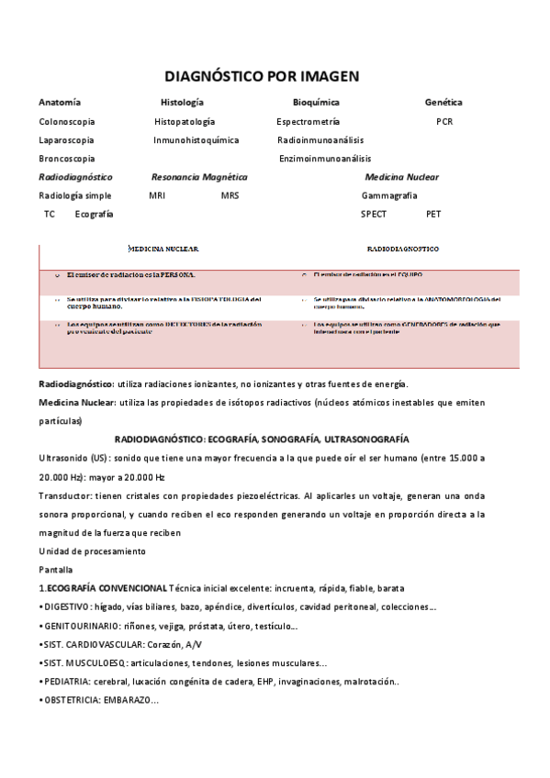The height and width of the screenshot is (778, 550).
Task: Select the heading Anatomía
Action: (x=60, y=103)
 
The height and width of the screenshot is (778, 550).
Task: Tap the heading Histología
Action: (x=182, y=103)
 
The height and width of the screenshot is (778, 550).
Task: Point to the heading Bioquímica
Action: (x=316, y=103)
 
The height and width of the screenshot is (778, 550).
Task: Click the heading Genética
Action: (x=443, y=103)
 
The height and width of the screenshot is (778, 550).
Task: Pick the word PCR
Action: (x=444, y=121)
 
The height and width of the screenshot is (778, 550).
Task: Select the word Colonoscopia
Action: (x=66, y=121)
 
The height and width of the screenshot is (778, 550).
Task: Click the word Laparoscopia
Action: (x=66, y=140)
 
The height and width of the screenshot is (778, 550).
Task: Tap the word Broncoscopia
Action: (x=66, y=159)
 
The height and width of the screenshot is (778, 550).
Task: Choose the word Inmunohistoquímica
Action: (x=196, y=140)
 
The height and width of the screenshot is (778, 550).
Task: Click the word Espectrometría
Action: (x=308, y=121)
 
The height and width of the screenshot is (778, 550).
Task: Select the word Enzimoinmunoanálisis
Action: (x=325, y=159)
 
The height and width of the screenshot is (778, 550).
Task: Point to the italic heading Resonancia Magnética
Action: (x=199, y=177)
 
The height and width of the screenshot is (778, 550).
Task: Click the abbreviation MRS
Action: (x=230, y=195)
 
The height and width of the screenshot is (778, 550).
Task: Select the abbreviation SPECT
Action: (x=374, y=214)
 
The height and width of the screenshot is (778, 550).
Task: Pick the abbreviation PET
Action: (x=433, y=214)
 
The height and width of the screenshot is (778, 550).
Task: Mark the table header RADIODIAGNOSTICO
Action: (x=402, y=249)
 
